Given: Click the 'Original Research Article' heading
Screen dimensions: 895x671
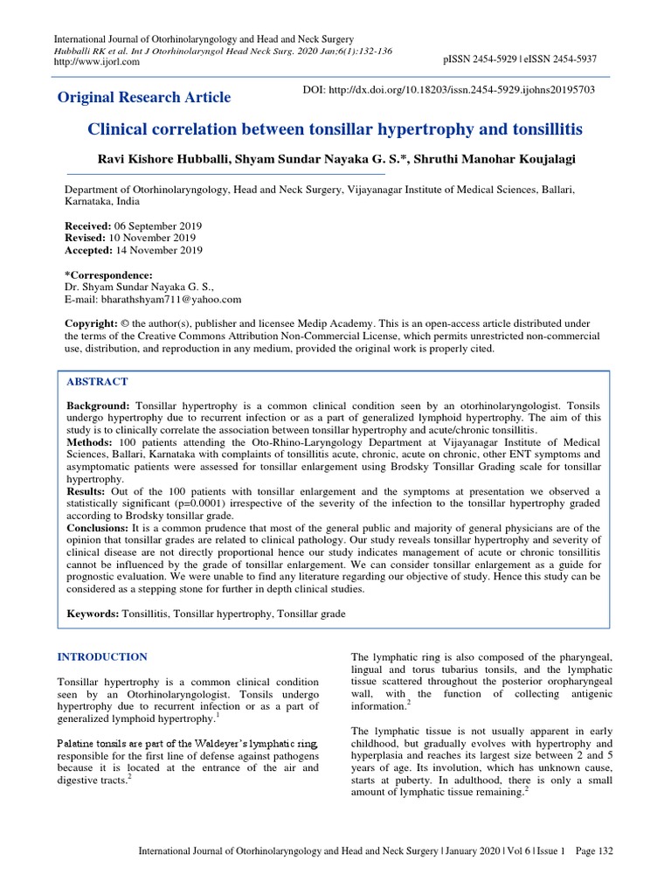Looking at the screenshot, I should click(144, 97).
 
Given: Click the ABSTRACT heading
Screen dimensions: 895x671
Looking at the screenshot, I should click(97, 382).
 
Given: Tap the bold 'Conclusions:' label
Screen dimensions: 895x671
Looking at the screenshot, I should click(99, 529).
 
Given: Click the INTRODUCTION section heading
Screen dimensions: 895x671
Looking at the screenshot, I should click(102, 656).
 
